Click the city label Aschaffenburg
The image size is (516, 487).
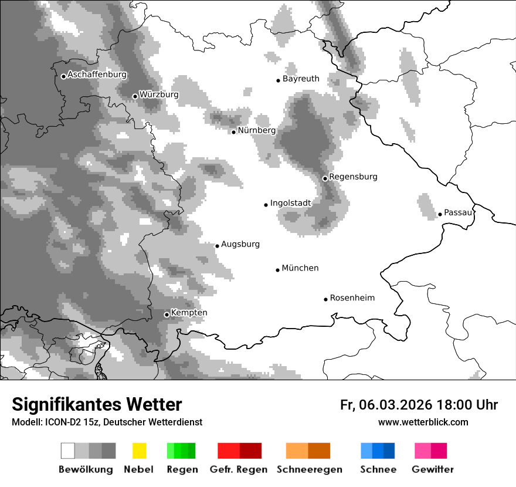pos(97,75)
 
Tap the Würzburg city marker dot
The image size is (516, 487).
pos(135,96)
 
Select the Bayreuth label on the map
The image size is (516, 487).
pos(301,79)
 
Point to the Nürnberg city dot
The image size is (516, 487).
pos(233,132)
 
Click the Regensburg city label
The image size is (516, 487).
pos(353,177)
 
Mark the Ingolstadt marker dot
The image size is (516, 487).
pos(266,205)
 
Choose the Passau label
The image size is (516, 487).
pos(458,212)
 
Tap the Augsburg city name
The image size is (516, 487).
pos(240,244)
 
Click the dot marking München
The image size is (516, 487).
pos(277,270)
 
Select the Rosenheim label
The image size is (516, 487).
pos(352,298)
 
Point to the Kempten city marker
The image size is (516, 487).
pos(167,314)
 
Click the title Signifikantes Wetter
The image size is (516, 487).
pos(97,405)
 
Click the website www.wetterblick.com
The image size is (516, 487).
pos(423,422)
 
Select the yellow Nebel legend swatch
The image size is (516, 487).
pos(139,451)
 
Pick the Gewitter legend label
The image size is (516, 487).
pos(432,469)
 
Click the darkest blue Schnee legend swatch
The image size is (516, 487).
pos(389,451)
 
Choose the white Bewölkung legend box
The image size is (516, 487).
pos(68,451)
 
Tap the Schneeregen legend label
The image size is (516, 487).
pos(310,469)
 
